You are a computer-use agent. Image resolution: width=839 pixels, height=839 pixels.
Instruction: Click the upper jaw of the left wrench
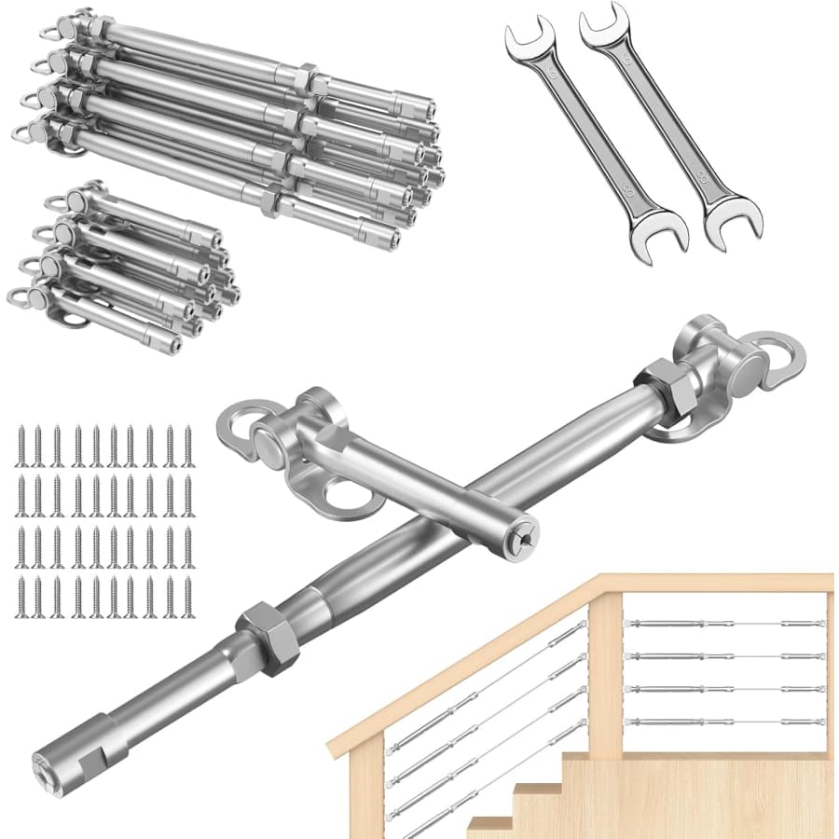tap(523, 40)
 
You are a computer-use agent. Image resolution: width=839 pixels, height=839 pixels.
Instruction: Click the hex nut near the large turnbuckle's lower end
tap(264, 637)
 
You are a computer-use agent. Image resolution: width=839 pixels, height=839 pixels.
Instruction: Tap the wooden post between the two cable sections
tap(604, 671)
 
